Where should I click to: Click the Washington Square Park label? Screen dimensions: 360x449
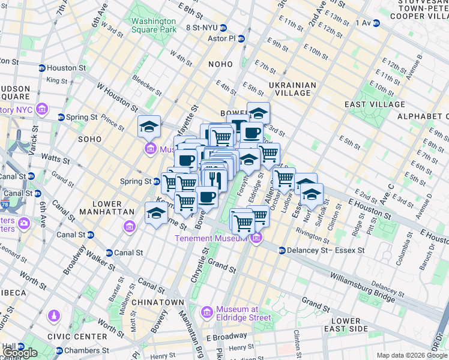(154, 25)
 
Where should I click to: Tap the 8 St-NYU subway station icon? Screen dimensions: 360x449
(223, 28)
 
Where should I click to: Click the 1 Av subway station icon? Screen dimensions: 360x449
(376, 23)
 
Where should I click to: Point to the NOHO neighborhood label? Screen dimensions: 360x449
(220, 64)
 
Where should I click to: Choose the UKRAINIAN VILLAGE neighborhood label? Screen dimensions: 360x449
(292, 89)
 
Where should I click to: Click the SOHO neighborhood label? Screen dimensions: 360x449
(90, 139)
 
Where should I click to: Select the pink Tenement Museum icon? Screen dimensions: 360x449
(256, 238)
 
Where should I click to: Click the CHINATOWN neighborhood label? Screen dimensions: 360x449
(157, 302)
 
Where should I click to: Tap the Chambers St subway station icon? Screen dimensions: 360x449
(59, 350)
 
